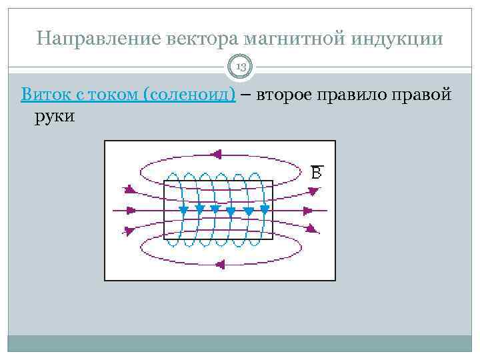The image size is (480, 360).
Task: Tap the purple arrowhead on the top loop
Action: coord(215,155)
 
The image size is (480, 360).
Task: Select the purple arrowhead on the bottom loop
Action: coord(221,265)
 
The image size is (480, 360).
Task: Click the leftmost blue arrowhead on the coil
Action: coord(183,210)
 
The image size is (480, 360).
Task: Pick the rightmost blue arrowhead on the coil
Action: coord(265,210)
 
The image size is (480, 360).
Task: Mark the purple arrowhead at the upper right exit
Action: coord(312,192)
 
